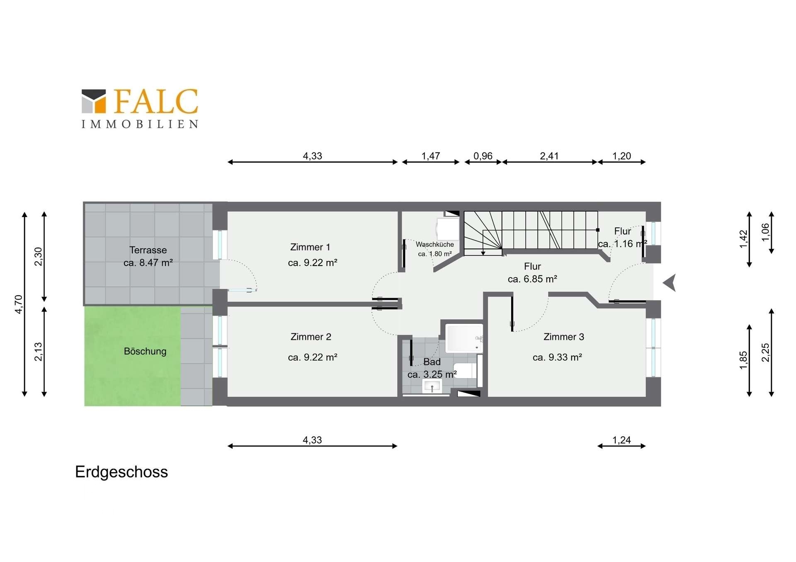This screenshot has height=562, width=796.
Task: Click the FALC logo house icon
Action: (94, 101)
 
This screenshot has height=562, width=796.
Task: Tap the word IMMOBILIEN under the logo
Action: (140, 124)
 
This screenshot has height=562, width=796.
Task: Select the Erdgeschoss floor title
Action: (121, 472)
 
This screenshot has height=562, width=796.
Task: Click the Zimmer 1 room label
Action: (310, 247)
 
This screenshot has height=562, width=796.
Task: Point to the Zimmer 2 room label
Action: (311, 337)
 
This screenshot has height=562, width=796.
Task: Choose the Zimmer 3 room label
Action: (564, 337)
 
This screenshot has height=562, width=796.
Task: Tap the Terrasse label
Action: (148, 250)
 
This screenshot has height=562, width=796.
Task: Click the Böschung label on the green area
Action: (145, 351)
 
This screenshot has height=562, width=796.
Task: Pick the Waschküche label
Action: (435, 244)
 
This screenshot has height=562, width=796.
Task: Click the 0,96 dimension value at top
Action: (483, 156)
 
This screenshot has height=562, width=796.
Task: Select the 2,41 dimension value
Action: (549, 156)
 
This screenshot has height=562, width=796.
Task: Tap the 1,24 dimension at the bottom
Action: (621, 440)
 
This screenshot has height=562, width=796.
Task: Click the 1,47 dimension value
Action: (431, 156)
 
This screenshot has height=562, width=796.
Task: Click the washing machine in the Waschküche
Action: (448, 229)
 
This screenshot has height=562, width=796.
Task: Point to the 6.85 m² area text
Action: (532, 279)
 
